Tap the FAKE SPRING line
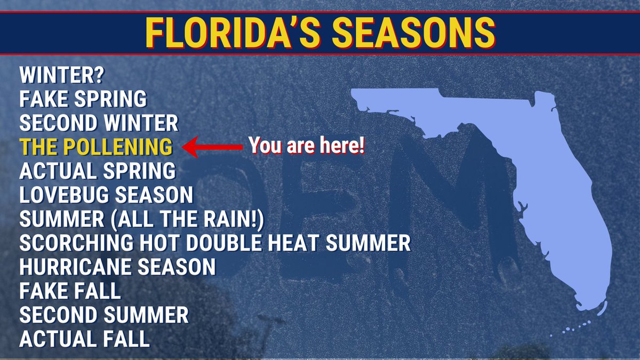[x=83, y=100]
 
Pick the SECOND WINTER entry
[x=99, y=124]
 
